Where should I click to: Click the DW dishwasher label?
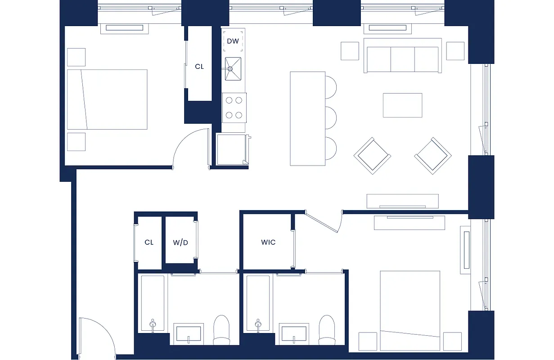click(x=233, y=41)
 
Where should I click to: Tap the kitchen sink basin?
click(x=233, y=69)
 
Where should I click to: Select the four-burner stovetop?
click(x=234, y=108)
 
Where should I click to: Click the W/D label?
click(x=180, y=243)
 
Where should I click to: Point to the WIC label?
click(x=268, y=242)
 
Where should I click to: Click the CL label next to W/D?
click(x=149, y=242)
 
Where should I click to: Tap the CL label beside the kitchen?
click(x=199, y=66)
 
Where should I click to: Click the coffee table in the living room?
click(x=402, y=105)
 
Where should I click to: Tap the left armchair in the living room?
click(x=372, y=156)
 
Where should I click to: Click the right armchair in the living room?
click(x=432, y=156)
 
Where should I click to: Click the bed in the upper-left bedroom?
click(x=107, y=99)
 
